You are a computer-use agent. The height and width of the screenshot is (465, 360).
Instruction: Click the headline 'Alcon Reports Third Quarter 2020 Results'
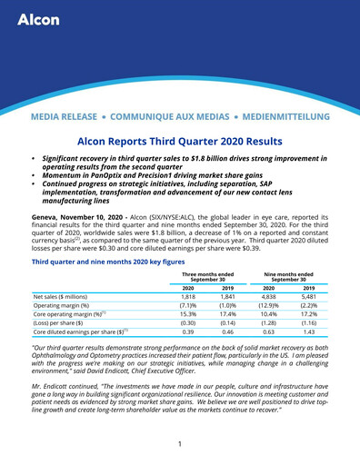click(x=180, y=143)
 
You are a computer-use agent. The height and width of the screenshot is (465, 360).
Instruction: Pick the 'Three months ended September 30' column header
click(x=207, y=250)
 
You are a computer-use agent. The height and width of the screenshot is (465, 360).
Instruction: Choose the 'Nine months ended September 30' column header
click(x=288, y=250)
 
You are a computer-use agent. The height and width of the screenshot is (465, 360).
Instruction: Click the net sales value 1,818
click(x=188, y=271)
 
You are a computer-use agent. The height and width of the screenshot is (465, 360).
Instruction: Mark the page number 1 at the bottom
click(x=180, y=444)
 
